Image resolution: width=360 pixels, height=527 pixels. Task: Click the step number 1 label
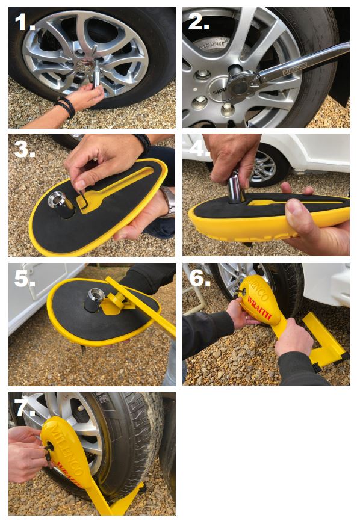[x=25, y=23]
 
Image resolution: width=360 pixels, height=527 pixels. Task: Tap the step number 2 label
[x=199, y=23]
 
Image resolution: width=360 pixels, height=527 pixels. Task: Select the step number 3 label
[x=26, y=149]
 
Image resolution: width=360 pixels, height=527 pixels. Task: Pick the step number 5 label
[x=25, y=279]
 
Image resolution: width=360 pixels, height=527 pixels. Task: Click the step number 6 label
[x=199, y=279]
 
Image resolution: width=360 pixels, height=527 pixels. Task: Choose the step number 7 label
[x=25, y=407]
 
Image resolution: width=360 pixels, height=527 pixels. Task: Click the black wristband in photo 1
[x=65, y=107]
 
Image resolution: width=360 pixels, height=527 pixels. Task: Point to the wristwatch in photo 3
[x=168, y=202]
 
